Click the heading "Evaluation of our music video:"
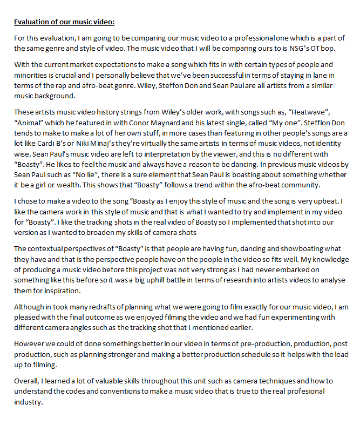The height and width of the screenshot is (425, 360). [64, 22]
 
